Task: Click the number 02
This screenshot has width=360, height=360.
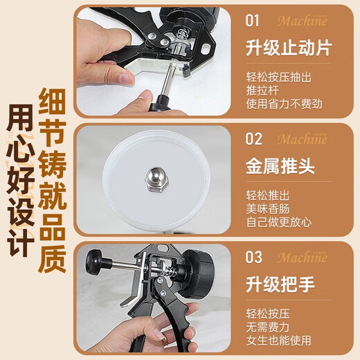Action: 255,138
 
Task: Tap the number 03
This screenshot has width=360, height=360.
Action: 255,258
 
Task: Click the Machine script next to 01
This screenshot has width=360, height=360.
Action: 302,20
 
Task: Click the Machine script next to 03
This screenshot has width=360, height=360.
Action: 302,258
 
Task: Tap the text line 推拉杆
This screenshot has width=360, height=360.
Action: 260,91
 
